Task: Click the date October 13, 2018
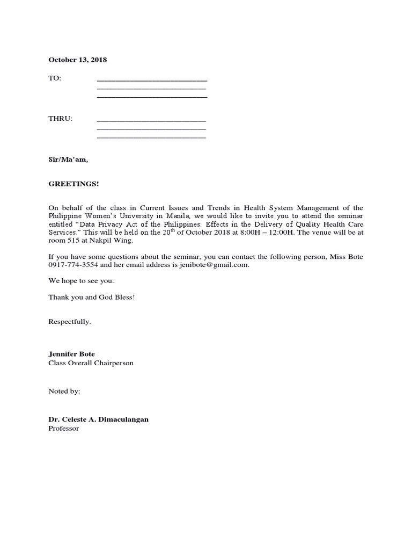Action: (x=77, y=60)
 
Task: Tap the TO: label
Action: (x=55, y=78)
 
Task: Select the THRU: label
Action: (x=60, y=119)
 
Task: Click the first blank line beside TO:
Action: (x=152, y=80)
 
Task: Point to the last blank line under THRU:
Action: (x=151, y=138)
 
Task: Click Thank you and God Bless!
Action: (x=91, y=297)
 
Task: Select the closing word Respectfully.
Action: (x=70, y=322)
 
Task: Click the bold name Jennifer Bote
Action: (x=71, y=354)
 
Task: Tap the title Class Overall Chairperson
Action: (x=91, y=363)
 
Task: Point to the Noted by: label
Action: (x=64, y=392)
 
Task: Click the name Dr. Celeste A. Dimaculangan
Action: (x=98, y=419)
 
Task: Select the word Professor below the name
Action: (x=63, y=428)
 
